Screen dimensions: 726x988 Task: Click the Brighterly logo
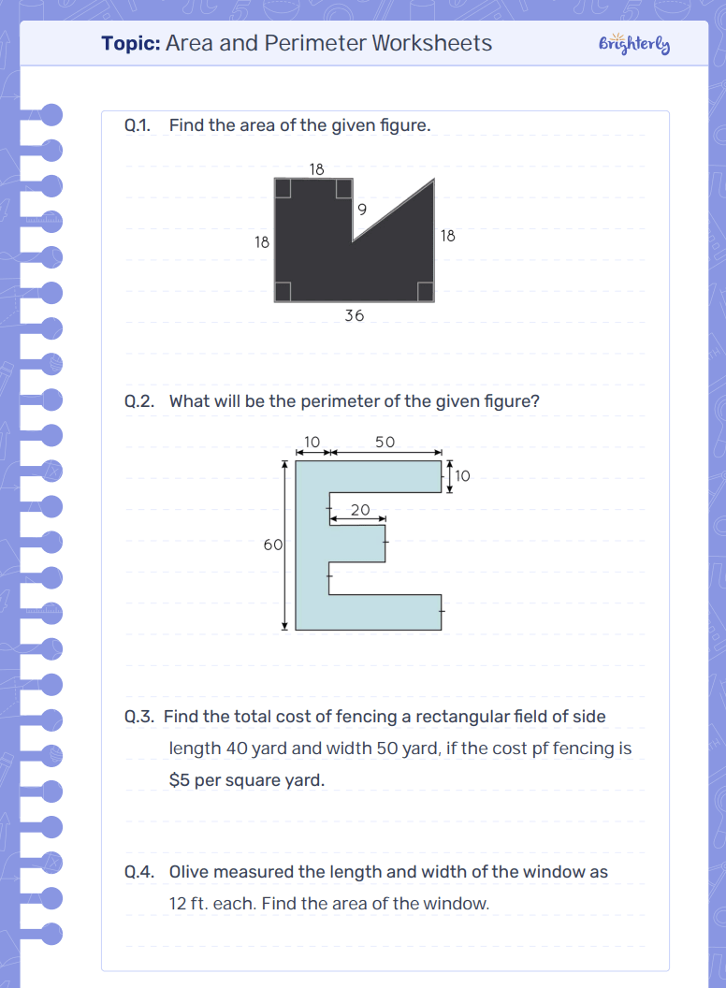click(634, 43)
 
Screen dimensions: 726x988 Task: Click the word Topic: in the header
click(131, 43)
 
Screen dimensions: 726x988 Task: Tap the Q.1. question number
click(138, 125)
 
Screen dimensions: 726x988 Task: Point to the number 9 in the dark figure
click(362, 210)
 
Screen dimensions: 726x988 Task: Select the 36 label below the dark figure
click(355, 315)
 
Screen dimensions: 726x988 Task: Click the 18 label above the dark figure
click(316, 168)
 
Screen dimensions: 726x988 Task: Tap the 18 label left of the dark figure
click(262, 242)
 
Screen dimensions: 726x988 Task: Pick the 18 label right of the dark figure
click(447, 236)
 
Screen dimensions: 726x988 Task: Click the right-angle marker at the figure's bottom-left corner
click(283, 291)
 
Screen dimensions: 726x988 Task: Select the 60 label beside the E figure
click(273, 545)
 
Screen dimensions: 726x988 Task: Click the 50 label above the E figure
click(385, 442)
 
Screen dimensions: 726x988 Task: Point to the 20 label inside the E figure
click(360, 509)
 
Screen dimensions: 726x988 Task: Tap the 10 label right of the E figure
click(462, 475)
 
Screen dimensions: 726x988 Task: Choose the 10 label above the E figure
click(312, 442)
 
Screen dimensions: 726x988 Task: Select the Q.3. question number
click(139, 717)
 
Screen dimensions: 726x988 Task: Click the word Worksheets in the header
click(431, 43)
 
